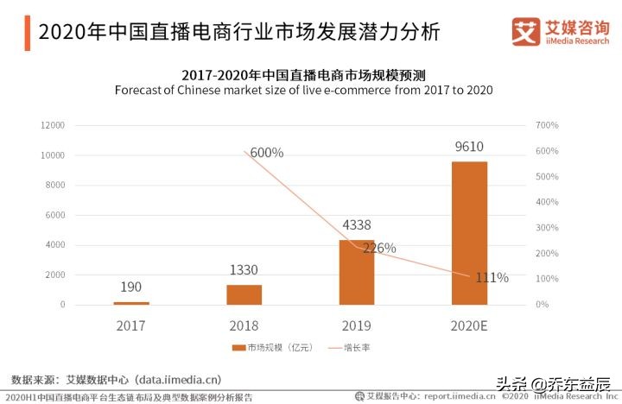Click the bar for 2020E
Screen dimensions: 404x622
[469, 233]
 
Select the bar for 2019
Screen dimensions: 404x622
[357, 272]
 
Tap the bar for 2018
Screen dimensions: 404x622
[244, 294]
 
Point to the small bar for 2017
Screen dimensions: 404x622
[131, 303]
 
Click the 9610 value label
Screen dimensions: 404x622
[469, 147]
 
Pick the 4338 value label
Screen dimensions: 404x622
[357, 226]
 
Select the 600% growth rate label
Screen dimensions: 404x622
[266, 153]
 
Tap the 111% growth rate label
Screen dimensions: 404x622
[492, 278]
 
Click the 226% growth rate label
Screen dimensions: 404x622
[378, 249]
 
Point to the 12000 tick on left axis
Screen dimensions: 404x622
[53, 126]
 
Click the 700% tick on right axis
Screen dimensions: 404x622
[548, 126]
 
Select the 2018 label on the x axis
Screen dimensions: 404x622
[244, 325]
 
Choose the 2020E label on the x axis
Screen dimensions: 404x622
[469, 325]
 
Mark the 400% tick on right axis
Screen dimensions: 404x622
[548, 202]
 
